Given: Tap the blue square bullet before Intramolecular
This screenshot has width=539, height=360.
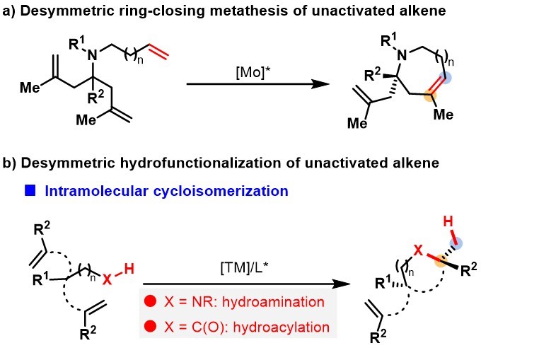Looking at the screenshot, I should (x=30, y=190).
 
